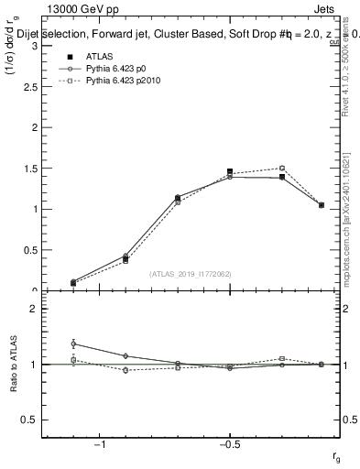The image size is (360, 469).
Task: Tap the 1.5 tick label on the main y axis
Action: [x=33, y=169]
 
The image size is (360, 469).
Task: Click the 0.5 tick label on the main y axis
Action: [x=33, y=250]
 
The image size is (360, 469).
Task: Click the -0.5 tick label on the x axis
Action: [x=229, y=444]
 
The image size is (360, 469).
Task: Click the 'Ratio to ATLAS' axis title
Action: [x=15, y=365]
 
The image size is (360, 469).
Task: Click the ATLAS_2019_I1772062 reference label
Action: [x=191, y=273]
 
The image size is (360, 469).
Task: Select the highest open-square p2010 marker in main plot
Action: [x=282, y=169]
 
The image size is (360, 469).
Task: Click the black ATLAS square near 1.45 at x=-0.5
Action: [x=230, y=171]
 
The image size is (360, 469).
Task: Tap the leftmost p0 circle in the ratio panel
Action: [x=73, y=344]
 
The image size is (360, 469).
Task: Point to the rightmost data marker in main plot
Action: [x=322, y=205]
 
